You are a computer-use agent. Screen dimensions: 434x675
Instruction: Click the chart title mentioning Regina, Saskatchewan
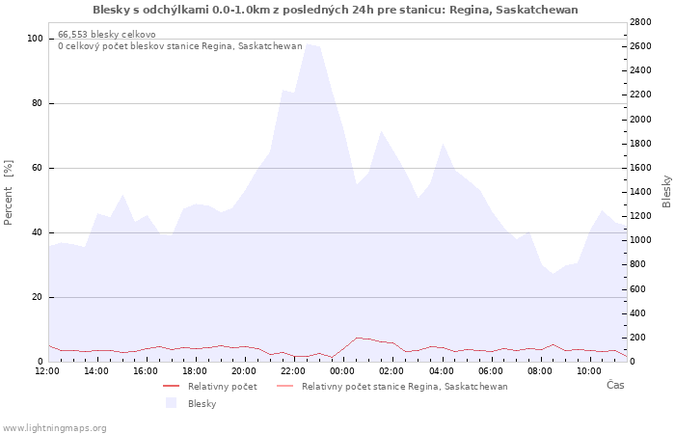pos(336,10)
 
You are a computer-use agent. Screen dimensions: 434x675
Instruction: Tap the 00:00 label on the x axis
pos(342,370)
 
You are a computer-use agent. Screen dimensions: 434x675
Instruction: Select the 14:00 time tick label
pos(96,370)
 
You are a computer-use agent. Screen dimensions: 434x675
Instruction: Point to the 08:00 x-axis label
pos(540,370)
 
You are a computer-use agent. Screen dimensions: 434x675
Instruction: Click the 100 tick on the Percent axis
pos(35,39)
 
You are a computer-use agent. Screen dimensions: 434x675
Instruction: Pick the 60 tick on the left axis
pos(37,168)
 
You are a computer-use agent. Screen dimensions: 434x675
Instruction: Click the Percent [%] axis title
pos(9,193)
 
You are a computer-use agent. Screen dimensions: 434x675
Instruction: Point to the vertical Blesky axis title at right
pos(666,192)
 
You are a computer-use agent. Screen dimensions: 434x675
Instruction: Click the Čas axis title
pos(614,386)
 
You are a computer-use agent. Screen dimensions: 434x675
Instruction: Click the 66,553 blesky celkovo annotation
pos(107,34)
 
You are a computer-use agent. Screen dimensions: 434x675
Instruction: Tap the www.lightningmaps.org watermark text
pos(55,427)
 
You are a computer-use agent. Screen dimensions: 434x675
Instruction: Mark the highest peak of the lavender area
pos(309,43)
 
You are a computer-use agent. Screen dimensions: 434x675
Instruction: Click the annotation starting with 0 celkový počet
pos(179,45)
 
